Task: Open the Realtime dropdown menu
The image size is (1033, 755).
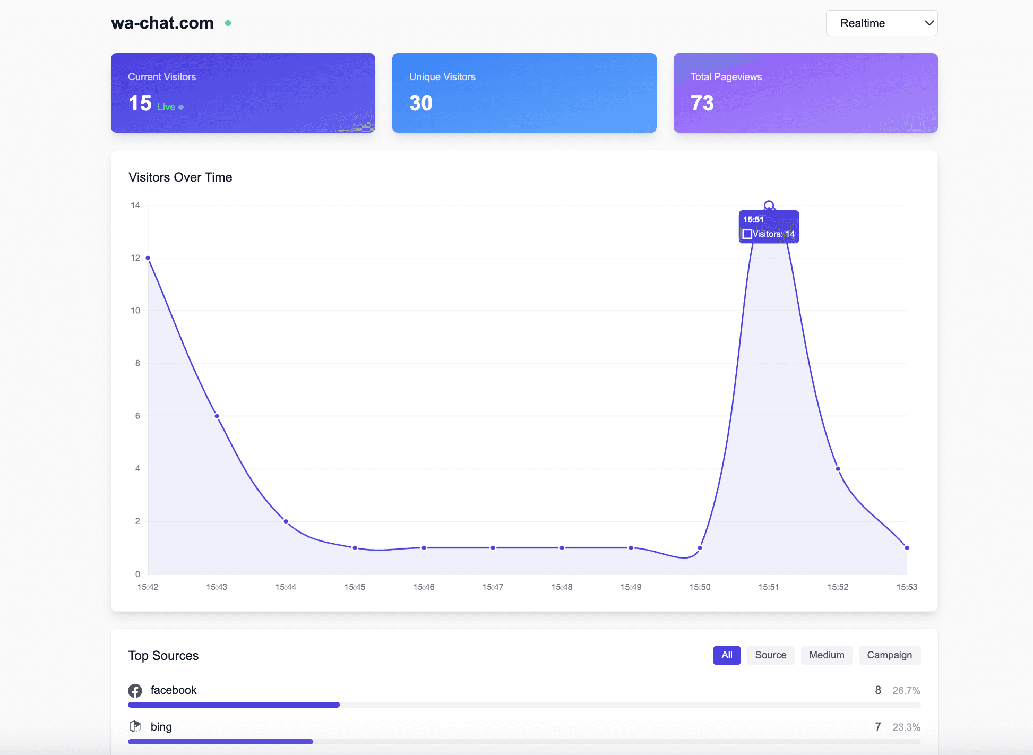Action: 881,23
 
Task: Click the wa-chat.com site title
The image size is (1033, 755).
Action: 162,23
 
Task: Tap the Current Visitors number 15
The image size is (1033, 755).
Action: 140,103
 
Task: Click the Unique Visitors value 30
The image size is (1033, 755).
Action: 421,103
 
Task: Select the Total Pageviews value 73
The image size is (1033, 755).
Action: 702,103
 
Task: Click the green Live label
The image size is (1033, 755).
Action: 166,107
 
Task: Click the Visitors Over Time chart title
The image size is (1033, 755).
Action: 180,177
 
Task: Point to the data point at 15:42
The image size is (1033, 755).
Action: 148,258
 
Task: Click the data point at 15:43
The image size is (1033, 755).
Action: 217,416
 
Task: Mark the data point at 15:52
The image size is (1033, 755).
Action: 838,469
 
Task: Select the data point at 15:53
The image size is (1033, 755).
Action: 907,548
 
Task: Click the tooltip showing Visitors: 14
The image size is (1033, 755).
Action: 769,227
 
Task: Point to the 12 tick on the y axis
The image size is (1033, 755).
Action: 135,258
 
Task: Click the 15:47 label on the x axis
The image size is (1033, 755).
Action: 493,587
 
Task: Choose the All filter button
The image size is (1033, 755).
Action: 726,655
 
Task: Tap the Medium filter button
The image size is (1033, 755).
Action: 826,655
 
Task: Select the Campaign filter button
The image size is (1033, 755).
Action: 889,655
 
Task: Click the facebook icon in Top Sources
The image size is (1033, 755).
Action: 135,691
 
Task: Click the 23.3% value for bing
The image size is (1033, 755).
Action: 906,727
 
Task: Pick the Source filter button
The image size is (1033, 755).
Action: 770,655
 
